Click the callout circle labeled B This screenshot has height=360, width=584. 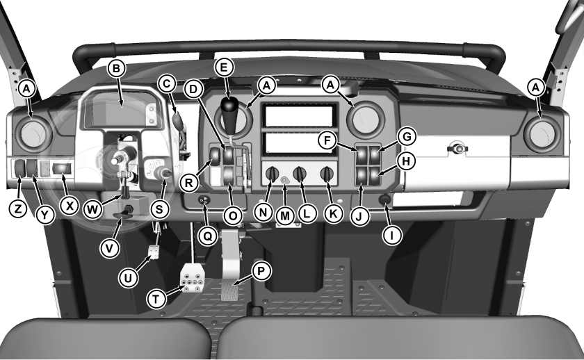tap(116, 69)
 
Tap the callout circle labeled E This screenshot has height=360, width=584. tap(223, 67)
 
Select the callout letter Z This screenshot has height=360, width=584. tap(18, 209)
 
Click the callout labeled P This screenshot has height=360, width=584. tap(261, 272)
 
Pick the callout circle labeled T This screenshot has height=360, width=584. tap(156, 299)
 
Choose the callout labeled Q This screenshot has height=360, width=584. tap(207, 236)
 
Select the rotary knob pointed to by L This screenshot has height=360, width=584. tap(300, 174)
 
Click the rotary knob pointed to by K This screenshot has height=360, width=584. tap(327, 174)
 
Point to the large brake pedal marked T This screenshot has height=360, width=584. tap(192, 278)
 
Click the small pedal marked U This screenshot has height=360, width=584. tap(154, 252)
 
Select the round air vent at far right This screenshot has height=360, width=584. tap(542, 134)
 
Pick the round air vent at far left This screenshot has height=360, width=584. tap(33, 134)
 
